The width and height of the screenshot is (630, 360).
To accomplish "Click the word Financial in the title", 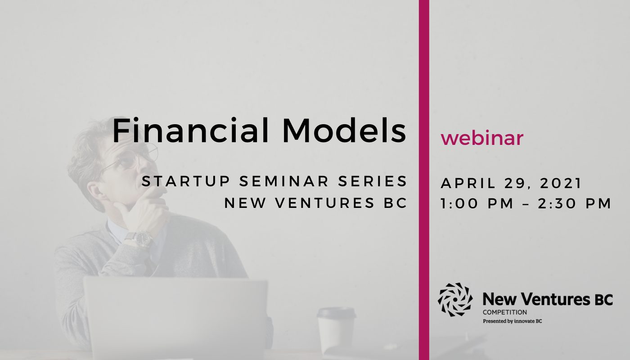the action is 191,130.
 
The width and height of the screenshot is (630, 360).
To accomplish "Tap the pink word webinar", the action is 482,139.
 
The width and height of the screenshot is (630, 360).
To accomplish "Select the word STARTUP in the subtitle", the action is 186,181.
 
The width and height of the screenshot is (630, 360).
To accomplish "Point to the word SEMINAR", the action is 284,181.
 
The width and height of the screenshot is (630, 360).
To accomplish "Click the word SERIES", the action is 373,181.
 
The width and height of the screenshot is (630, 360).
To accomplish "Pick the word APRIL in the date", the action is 468,184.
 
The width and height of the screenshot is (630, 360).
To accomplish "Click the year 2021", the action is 561,184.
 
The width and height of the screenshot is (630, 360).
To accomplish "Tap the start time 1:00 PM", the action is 477,203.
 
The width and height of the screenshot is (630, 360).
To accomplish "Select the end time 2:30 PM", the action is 575,203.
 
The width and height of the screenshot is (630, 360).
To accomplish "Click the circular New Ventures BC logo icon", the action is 455,300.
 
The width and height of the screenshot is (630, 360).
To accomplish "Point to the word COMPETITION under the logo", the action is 505,312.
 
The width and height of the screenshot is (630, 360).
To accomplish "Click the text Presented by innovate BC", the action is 512,321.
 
